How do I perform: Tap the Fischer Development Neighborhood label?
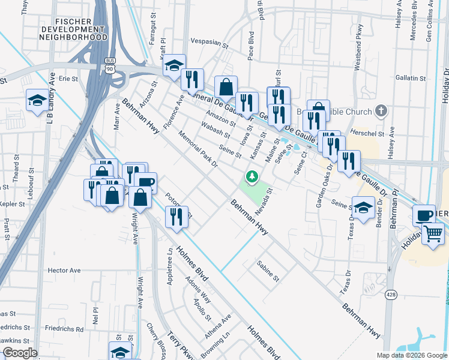pos(73,28)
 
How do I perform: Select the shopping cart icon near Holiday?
pos(433,233)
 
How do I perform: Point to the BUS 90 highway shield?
pos(109,66)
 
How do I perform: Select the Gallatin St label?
pos(411,78)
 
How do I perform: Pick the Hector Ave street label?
pos(64,271)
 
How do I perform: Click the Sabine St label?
pos(268,271)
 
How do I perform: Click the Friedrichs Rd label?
pos(67,329)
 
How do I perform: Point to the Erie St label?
pos(68,78)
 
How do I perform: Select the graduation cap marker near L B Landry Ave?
pos(37,100)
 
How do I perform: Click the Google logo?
pos(20,352)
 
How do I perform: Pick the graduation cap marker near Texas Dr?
pos(363,207)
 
